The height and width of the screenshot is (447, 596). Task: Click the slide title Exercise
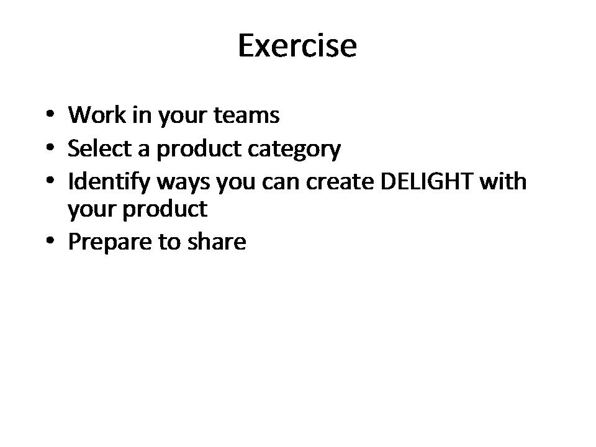[297, 45]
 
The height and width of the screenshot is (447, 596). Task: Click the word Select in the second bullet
[99, 148]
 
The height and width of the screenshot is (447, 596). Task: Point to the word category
[294, 150]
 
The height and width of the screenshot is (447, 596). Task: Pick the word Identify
[109, 183]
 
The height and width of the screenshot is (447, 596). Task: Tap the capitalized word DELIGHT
[427, 181]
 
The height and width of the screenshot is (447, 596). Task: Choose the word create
[340, 182]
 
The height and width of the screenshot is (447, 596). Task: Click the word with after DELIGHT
[503, 181]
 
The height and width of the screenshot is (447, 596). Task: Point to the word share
[217, 242]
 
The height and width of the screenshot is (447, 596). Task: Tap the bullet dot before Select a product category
[50, 147]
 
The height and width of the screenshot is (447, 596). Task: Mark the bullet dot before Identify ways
[50, 180]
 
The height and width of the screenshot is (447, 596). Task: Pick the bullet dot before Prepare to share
[50, 241]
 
